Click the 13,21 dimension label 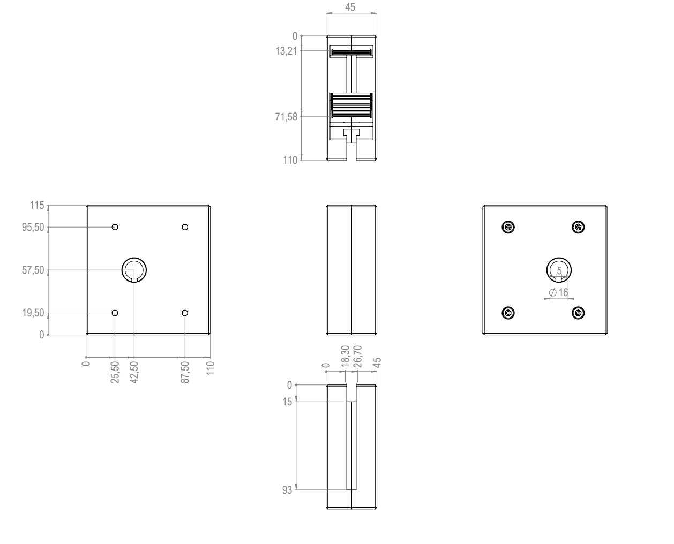click(x=286, y=51)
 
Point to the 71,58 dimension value click(x=286, y=117)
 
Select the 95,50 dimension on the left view click(x=33, y=227)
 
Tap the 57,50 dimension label click(x=33, y=270)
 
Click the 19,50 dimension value click(x=33, y=313)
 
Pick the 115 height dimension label click(x=37, y=205)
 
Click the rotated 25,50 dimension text click(x=115, y=372)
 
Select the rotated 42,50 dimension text click(x=134, y=372)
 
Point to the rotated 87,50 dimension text click(x=185, y=372)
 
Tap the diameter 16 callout click(x=558, y=292)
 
